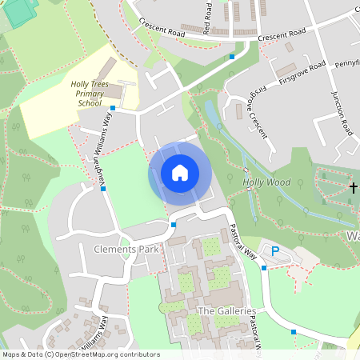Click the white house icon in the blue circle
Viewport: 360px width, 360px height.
180,172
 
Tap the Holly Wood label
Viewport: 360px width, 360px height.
266,182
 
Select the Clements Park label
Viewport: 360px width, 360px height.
127,250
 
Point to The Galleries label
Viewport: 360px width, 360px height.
226,311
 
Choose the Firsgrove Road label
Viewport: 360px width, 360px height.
302,73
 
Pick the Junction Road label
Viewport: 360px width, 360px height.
342,111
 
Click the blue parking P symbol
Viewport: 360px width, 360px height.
275,251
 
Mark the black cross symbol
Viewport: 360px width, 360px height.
354,187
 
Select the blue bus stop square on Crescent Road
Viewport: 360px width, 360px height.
232,56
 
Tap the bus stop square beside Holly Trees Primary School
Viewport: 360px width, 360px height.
113,108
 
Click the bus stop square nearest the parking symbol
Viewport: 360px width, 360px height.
264,268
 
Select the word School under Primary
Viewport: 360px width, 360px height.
90,103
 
